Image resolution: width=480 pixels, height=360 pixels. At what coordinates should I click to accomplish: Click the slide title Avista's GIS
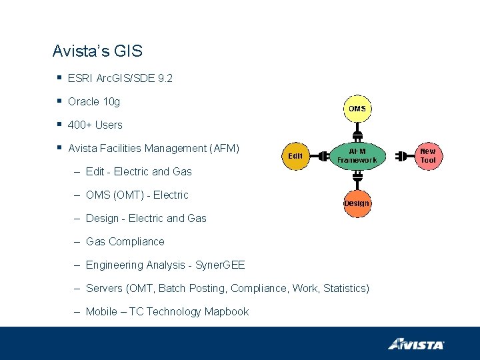[97, 51]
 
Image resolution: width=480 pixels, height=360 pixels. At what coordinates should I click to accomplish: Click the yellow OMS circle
[357, 108]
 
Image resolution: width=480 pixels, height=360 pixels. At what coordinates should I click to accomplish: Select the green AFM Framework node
[357, 156]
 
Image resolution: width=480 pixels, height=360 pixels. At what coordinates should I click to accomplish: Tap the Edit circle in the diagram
[295, 156]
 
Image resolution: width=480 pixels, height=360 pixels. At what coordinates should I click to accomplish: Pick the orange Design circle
[357, 203]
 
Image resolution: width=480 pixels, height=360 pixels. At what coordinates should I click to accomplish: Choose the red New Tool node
[428, 156]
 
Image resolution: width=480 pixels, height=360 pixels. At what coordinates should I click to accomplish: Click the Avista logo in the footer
[416, 344]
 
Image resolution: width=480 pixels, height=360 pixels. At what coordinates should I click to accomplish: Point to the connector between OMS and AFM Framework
[357, 129]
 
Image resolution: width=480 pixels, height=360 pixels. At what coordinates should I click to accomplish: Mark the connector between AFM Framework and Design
[357, 181]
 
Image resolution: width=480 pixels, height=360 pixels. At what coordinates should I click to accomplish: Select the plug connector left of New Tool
[401, 157]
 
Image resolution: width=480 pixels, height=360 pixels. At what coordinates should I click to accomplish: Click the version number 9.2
[165, 78]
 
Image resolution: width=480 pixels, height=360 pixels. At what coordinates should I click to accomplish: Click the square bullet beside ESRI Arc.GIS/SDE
[60, 78]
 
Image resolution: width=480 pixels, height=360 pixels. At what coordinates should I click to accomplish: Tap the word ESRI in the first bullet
[80, 78]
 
